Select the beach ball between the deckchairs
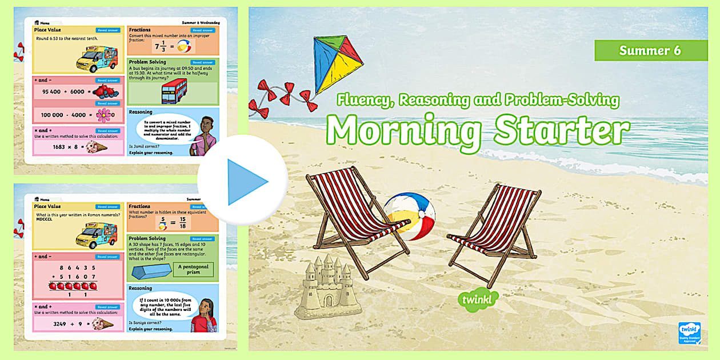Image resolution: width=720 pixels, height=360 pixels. coord(409,216)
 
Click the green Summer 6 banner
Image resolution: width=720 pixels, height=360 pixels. coord(650,50)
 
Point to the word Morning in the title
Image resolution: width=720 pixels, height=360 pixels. coord(405,131)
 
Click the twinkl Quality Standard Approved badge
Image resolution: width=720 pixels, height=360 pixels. coord(690,334)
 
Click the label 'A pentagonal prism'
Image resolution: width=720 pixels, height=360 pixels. coord(193,269)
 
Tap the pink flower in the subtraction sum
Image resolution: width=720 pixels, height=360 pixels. coord(103,115)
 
